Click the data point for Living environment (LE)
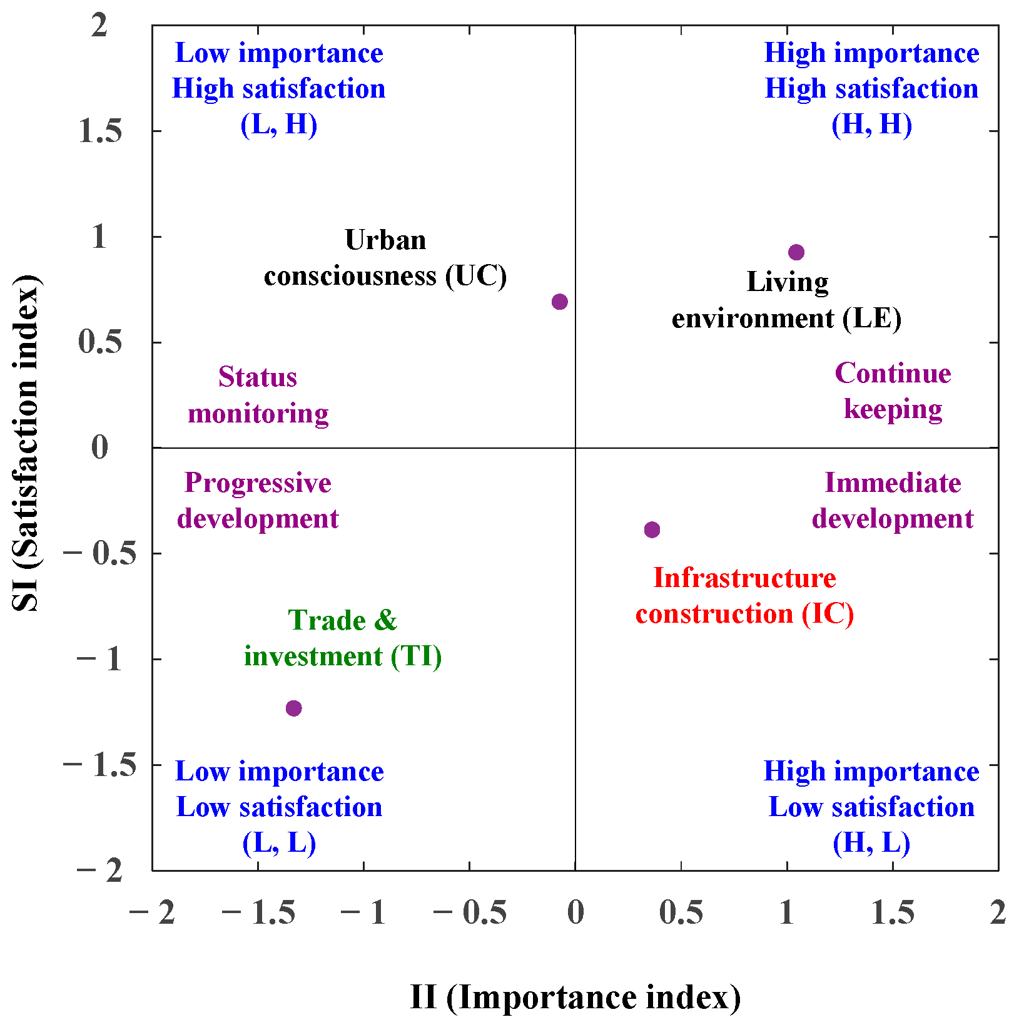click(796, 252)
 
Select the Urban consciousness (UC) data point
click(560, 302)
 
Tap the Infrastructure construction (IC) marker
click(652, 530)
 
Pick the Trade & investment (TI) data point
click(293, 708)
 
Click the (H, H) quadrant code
click(871, 125)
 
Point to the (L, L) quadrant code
click(279, 843)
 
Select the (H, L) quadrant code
click(871, 843)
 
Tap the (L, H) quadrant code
click(279, 125)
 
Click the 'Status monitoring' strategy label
click(258, 395)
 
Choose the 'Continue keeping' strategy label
click(893, 391)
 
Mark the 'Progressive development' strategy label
click(258, 501)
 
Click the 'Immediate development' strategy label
click(893, 501)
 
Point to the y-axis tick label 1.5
click(100, 131)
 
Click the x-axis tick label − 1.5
click(258, 912)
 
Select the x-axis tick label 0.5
click(681, 912)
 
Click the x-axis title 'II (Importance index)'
click(575, 997)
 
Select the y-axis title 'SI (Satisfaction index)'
click(26, 442)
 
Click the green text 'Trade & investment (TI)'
click(343, 638)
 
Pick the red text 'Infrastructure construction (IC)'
click(744, 596)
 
